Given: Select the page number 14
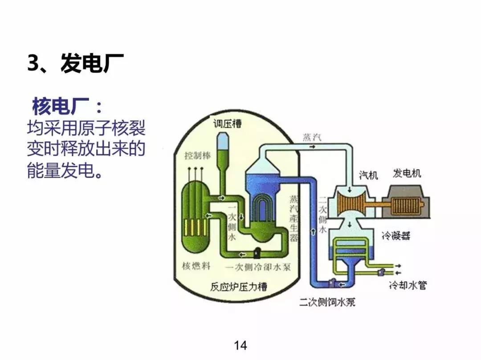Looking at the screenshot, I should pyautogui.click(x=240, y=345).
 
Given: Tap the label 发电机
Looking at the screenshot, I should pyautogui.click(x=407, y=173).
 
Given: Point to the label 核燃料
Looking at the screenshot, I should pyautogui.click(x=196, y=266).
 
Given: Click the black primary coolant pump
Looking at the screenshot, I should pyautogui.click(x=257, y=253).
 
